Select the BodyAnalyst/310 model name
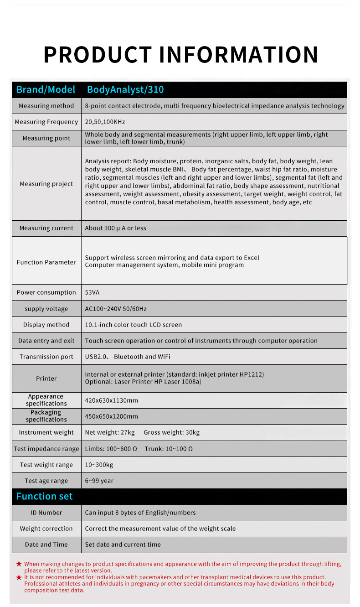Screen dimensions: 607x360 tap(125, 89)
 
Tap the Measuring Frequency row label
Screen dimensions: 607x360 tap(46, 122)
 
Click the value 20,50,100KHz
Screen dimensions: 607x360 tap(105, 122)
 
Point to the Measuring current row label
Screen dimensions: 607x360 tap(46, 228)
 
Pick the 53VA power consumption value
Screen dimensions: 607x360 tap(92, 292)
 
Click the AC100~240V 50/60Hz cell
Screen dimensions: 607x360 tap(116, 309)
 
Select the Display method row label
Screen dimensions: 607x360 tap(46, 325)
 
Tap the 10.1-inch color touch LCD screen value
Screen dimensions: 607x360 tap(134, 325)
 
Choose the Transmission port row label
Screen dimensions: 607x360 tap(46, 357)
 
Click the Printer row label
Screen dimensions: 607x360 tap(46, 379)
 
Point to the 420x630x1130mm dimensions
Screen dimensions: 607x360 tap(112, 400)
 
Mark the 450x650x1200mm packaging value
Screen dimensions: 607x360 tap(112, 416)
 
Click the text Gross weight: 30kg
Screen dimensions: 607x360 tap(172, 432)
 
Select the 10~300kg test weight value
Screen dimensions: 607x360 tap(99, 465)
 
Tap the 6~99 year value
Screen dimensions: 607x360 tap(99, 481)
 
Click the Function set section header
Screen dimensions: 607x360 tap(45, 496)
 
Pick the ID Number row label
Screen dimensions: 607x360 tap(46, 513)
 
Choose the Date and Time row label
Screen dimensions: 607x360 tap(46, 545)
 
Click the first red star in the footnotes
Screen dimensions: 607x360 tap(19, 564)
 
